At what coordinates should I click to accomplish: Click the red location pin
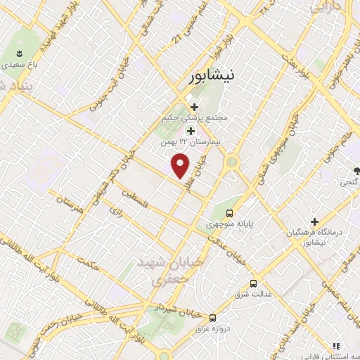click(x=181, y=165)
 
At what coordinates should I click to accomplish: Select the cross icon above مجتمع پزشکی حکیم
click(x=194, y=106)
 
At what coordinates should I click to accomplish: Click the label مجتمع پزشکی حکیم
click(x=195, y=118)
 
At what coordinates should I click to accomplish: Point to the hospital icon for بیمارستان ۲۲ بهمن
click(x=191, y=131)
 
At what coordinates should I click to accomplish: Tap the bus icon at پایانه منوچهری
click(x=229, y=213)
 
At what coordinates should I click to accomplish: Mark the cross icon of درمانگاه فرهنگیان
click(x=316, y=221)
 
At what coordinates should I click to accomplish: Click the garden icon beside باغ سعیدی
click(x=20, y=54)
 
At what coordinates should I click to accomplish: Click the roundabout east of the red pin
click(x=231, y=163)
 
